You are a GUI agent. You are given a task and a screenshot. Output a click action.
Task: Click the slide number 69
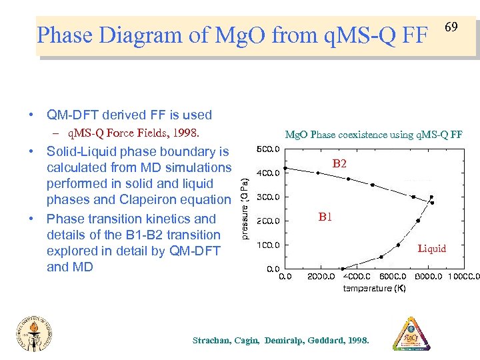coord(451,27)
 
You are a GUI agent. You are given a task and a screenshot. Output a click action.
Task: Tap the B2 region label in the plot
coord(339,163)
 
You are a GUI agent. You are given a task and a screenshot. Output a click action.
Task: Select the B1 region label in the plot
coord(325,217)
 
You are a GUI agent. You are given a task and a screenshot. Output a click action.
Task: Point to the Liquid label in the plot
coord(431,249)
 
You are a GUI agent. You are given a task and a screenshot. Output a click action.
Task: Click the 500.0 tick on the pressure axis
coord(268,149)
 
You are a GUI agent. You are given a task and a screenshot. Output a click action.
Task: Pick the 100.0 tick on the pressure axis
coord(268,245)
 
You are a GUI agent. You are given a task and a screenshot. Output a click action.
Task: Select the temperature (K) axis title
coord(374,288)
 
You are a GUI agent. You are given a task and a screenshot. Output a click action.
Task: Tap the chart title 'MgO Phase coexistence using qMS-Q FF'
coord(373,135)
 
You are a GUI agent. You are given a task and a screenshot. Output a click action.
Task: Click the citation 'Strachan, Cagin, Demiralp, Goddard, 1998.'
coord(280,340)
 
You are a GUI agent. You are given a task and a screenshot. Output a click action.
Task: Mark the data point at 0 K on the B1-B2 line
coord(285,168)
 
